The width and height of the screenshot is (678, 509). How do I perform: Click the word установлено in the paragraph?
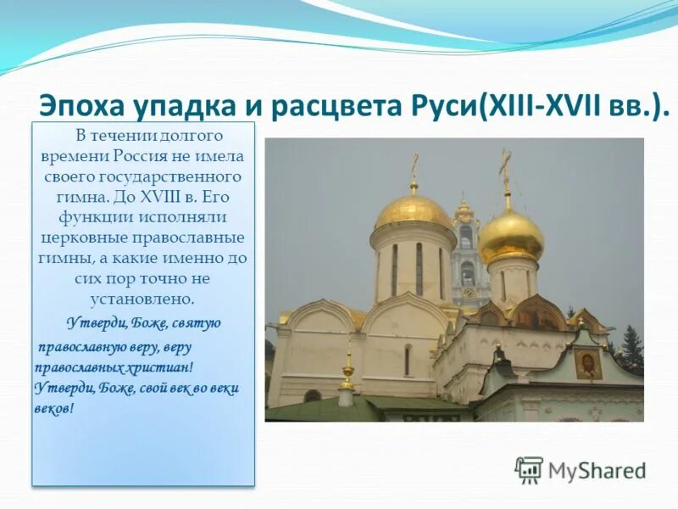(142, 299)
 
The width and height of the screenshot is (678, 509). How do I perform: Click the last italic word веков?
(55, 408)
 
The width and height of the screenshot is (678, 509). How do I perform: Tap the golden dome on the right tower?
(511, 236)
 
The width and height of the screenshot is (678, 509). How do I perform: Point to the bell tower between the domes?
(465, 255)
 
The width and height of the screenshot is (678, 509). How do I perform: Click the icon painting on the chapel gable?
(587, 363)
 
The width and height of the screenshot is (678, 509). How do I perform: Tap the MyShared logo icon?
(529, 469)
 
